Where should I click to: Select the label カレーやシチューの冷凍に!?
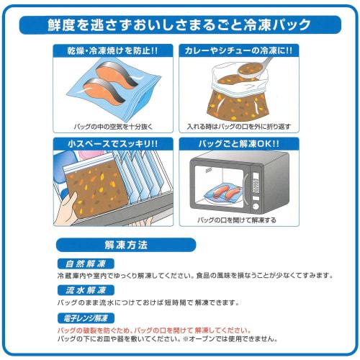coord(237,52)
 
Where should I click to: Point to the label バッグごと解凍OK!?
coord(238,144)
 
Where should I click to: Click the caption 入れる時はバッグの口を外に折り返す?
coord(237,126)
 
